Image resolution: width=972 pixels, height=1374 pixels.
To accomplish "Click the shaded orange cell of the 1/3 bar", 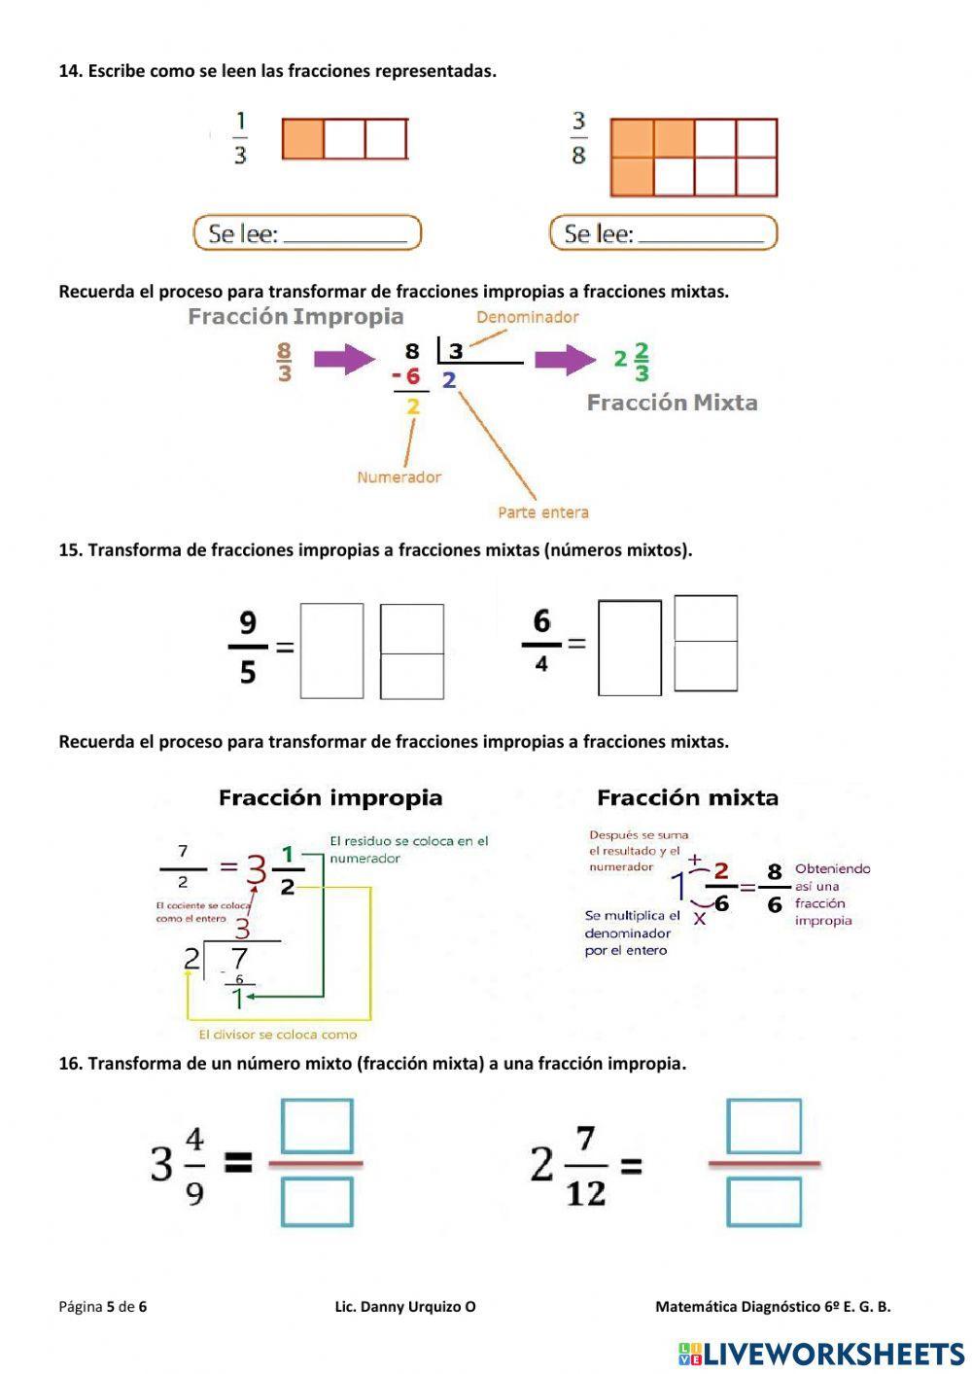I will (x=302, y=139).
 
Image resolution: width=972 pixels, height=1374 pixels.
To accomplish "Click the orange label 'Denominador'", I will (x=527, y=317).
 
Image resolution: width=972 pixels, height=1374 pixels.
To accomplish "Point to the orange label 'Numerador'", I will (x=399, y=477).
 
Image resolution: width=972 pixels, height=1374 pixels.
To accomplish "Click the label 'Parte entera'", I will (x=542, y=512).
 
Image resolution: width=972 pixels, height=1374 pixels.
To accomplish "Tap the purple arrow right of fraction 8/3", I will (x=344, y=360).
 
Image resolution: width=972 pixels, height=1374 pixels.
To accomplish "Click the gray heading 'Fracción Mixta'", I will (x=672, y=403).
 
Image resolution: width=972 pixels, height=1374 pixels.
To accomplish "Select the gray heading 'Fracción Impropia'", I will (x=295, y=316).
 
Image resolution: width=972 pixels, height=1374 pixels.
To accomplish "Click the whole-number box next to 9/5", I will (x=331, y=651).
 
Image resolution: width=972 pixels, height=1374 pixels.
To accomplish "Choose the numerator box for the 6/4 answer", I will (x=705, y=618).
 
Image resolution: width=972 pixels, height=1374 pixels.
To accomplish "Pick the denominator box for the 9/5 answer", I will (x=411, y=676).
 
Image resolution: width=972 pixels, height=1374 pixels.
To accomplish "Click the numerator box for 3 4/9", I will (x=317, y=1126).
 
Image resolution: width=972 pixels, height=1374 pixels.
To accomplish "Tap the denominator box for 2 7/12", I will (x=764, y=1202).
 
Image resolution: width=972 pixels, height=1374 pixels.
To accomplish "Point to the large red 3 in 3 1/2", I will (x=255, y=869).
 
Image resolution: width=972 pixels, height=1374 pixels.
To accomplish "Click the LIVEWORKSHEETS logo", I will (x=821, y=1354).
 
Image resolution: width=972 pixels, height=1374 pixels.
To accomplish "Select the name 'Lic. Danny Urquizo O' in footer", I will (x=405, y=1307).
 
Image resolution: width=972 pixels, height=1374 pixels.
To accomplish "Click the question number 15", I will (x=69, y=550).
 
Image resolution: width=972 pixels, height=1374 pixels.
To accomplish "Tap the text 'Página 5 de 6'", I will (x=102, y=1307).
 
